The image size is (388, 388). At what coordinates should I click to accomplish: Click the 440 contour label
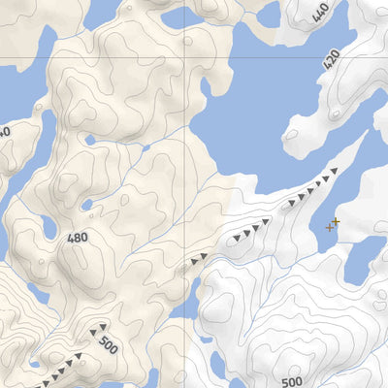(321, 13)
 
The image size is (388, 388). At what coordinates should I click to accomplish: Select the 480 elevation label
(78, 238)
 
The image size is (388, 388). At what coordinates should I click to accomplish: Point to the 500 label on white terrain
(292, 381)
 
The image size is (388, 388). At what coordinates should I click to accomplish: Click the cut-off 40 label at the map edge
(5, 132)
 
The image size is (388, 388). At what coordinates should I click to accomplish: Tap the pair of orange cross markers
(333, 225)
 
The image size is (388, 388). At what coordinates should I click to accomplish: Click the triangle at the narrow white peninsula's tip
(333, 171)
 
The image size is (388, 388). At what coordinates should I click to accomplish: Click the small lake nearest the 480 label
(49, 228)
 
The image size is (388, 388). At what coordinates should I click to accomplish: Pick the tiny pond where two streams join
(87, 205)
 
